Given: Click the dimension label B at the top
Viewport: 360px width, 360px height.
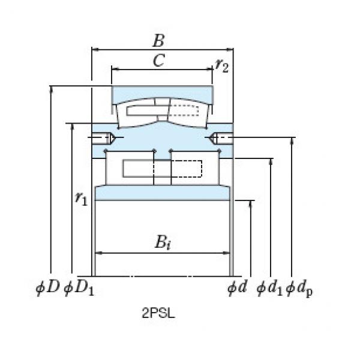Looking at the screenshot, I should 159,41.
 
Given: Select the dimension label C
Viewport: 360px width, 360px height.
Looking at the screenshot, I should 159,61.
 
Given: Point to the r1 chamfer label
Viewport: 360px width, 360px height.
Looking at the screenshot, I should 81,199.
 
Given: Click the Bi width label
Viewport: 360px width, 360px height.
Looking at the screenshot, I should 162,242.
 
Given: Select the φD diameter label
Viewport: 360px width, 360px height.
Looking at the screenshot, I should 47,288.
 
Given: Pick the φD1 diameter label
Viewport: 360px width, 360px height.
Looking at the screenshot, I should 78,289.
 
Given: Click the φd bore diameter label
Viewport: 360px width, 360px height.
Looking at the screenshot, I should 237,288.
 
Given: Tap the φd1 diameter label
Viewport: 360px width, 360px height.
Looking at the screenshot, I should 269,289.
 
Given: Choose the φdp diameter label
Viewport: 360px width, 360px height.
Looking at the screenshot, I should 301,289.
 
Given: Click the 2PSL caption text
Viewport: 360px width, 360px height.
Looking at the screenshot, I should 158,312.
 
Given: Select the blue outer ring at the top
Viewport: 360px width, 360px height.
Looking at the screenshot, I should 162,94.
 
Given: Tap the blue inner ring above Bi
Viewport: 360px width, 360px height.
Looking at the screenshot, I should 162,193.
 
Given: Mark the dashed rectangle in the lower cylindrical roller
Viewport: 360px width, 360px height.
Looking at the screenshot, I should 185,169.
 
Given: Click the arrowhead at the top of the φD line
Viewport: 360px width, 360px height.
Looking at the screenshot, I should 52,89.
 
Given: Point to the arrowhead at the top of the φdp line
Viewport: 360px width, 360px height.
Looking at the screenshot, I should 292,142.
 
